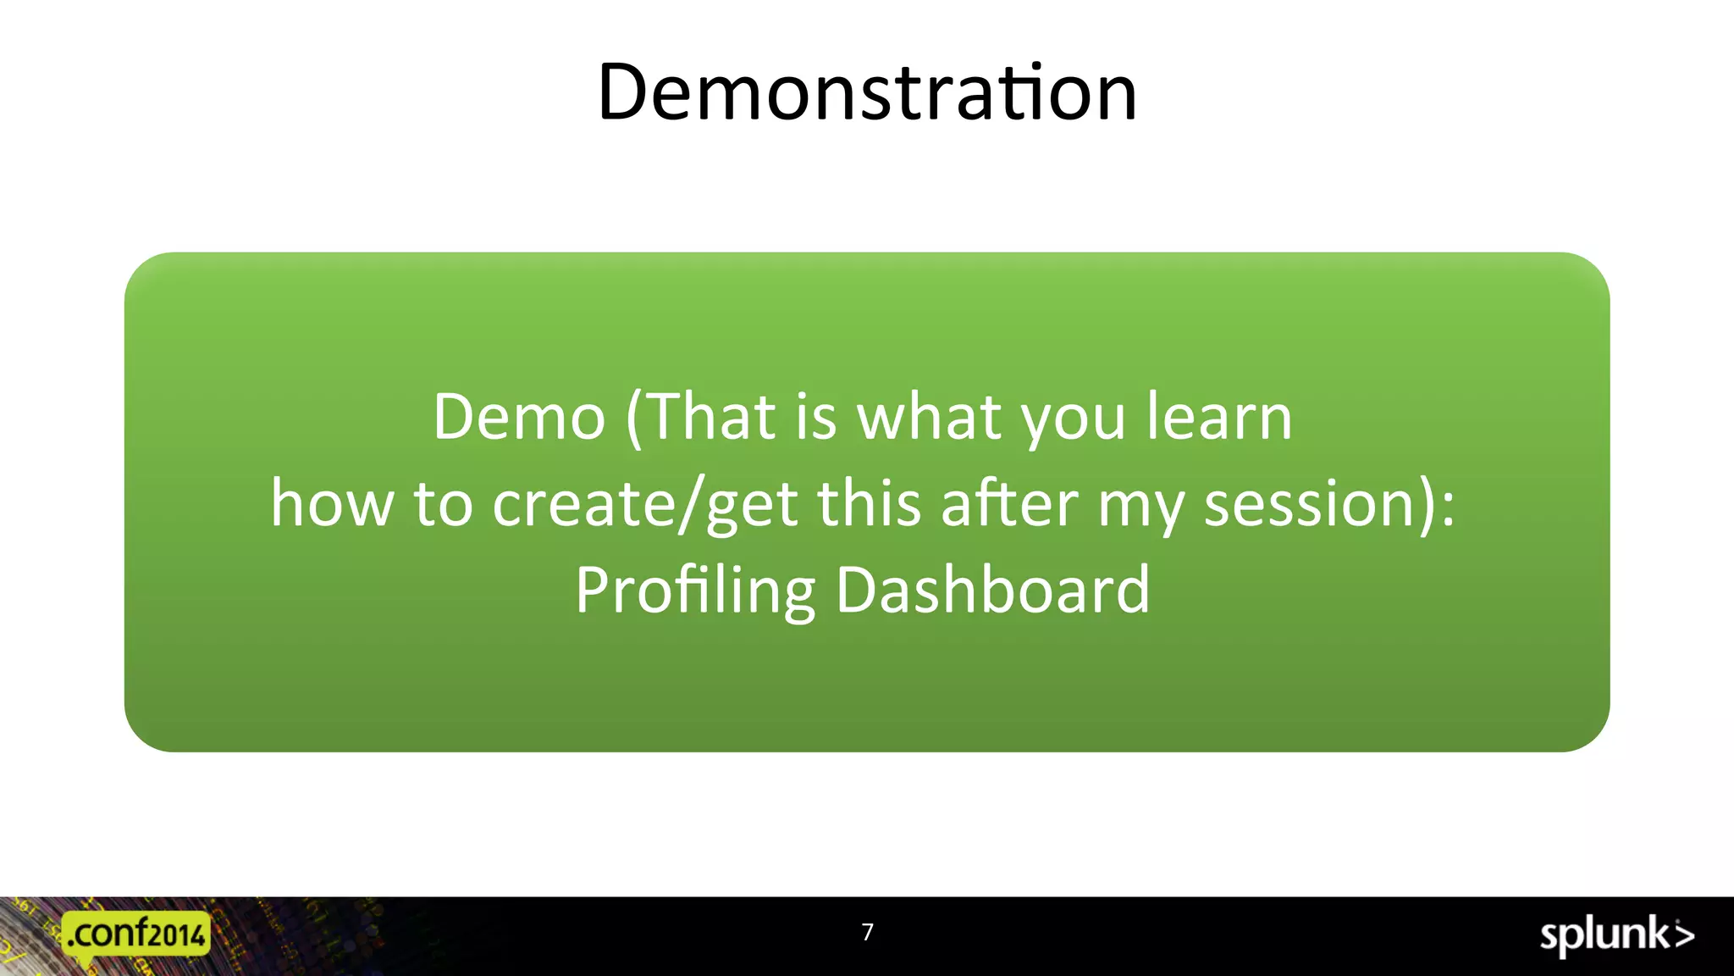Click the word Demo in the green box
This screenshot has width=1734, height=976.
519,417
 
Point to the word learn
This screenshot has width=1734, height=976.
1219,417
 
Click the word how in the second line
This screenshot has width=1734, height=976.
332,503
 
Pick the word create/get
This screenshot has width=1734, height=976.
645,505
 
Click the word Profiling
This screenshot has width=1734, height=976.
695,591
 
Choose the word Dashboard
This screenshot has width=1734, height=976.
992,590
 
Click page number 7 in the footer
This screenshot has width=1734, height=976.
867,933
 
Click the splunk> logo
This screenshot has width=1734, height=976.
1615,935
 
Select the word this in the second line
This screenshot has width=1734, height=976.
869,503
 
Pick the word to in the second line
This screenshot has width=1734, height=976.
443,503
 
